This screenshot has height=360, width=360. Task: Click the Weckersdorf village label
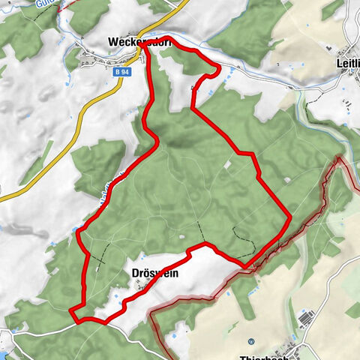pyautogui.click(x=139, y=42)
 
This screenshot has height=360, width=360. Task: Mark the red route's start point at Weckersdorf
pyautogui.click(x=142, y=45)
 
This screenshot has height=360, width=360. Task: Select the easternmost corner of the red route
pyautogui.click(x=289, y=217)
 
